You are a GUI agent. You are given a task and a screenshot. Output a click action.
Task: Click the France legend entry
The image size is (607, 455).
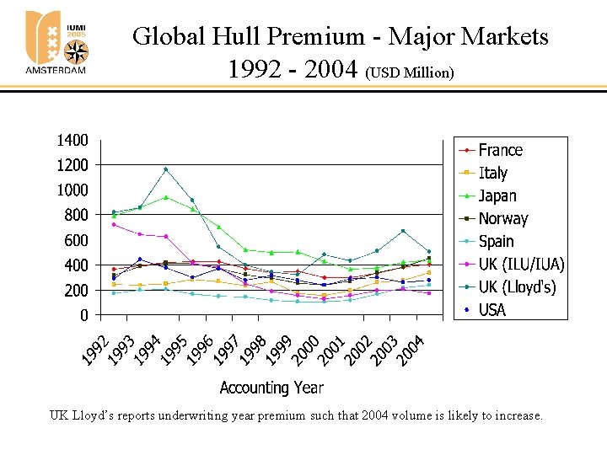tap(500, 150)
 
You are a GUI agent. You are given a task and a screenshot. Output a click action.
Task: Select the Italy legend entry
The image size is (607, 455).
tap(492, 173)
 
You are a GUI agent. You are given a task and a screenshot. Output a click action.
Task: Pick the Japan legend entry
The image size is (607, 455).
tap(497, 195)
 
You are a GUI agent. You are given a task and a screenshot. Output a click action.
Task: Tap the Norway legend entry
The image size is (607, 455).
tap(502, 218)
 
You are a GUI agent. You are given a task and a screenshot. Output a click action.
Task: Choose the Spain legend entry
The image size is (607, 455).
tap(496, 241)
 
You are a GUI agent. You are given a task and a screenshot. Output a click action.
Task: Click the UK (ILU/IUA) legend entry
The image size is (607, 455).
tap(520, 264)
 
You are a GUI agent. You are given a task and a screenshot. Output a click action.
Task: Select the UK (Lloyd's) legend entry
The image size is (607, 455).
tap(517, 286)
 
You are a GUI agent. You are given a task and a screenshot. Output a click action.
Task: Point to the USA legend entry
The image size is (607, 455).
tap(492, 309)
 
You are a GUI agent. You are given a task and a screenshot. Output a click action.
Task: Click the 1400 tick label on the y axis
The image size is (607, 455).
tap(72, 140)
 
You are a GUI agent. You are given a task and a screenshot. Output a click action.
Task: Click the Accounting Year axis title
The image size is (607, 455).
tap(271, 388)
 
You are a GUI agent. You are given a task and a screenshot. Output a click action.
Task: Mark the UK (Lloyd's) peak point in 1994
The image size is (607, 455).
tap(166, 169)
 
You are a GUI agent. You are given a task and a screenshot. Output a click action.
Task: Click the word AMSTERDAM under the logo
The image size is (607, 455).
tap(56, 71)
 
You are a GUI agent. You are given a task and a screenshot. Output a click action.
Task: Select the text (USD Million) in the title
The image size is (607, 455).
tap(410, 72)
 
